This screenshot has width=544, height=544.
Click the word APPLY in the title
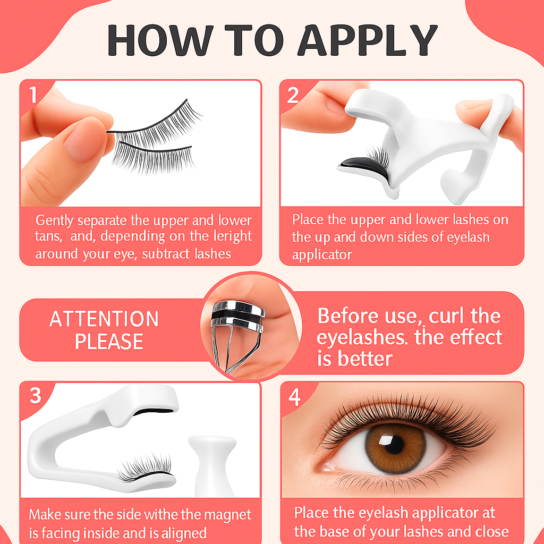368,40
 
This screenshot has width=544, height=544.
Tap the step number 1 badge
33,95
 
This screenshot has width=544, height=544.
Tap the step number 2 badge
293,95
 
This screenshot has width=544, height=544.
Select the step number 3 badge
36,395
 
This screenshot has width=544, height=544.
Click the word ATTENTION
104,319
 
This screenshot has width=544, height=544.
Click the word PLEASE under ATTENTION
109,341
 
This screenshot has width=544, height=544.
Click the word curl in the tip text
446,316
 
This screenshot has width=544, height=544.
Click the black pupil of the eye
395,445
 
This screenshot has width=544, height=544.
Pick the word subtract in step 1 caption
166,254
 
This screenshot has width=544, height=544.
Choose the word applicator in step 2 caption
322,255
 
